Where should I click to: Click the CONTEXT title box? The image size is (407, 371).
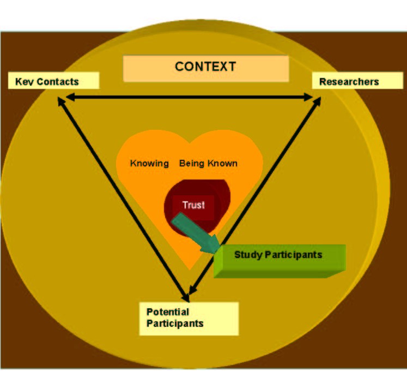coord(205,68)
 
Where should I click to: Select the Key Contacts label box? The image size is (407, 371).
coord(53,81)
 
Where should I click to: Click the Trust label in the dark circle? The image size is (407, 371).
coord(193,206)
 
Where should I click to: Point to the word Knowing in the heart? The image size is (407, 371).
coord(149,163)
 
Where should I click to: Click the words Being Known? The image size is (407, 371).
coord(208,163)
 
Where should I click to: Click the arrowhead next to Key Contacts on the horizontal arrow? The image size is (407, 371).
coord(70,97)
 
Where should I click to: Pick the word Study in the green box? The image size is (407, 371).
coord(246,255)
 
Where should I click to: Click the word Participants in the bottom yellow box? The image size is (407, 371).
coord(174,324)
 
